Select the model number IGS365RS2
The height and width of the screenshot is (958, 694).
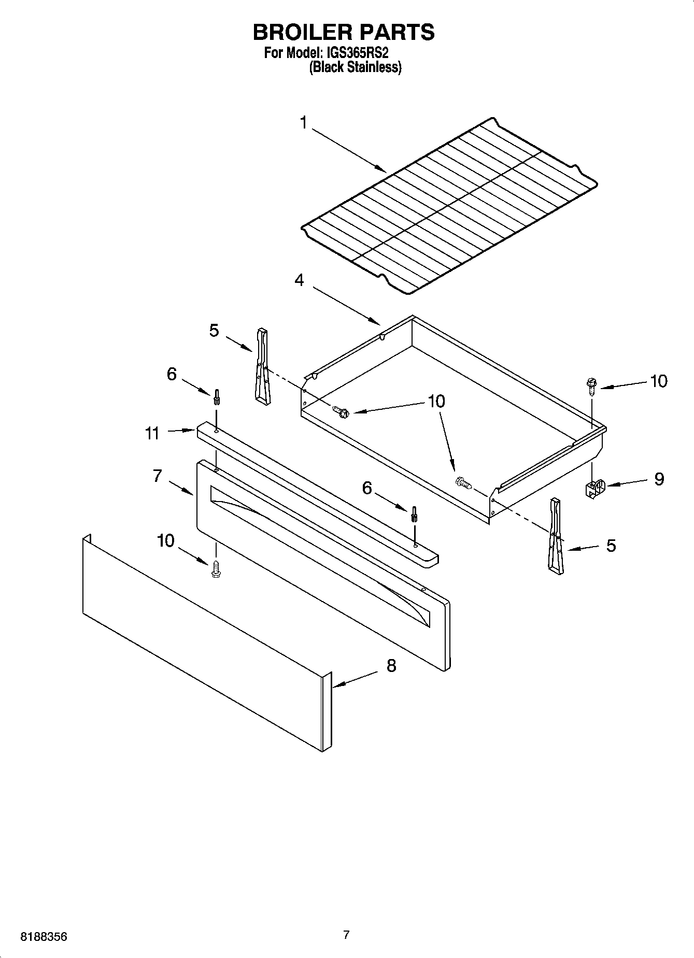(x=358, y=53)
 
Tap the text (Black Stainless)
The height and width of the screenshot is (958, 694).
(x=355, y=67)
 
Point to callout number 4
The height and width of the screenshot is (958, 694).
(x=299, y=280)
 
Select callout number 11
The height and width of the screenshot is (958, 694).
(x=152, y=433)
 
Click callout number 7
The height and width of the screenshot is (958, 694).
(x=158, y=476)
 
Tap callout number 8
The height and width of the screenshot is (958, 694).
(x=391, y=665)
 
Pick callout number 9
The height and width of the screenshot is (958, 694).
(x=659, y=479)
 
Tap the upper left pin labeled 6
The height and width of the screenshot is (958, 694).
(x=216, y=397)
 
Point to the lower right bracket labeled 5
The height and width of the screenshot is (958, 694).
(x=556, y=536)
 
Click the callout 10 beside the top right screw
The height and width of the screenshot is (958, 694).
(x=658, y=381)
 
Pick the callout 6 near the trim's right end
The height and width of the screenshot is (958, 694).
(x=367, y=488)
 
